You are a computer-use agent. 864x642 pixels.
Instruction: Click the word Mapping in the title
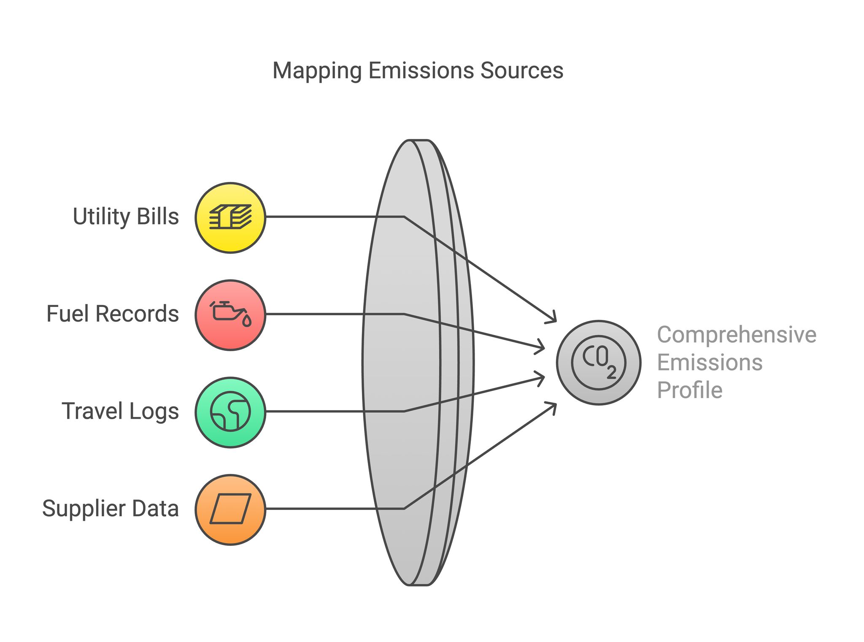[317, 71]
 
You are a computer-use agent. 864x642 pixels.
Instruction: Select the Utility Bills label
[126, 217]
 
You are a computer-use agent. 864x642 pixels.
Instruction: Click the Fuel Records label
[113, 314]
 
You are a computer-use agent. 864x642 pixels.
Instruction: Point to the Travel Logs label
[120, 411]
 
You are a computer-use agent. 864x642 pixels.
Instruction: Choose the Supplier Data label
[111, 508]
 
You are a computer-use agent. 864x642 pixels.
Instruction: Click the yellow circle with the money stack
[230, 218]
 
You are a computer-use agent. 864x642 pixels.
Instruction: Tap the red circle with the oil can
[230, 315]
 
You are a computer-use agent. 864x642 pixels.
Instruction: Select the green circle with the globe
[230, 412]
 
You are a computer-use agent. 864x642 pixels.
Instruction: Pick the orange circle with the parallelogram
[230, 509]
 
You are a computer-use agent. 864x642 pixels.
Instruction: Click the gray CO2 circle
[599, 363]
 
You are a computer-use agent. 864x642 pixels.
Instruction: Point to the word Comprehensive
[737, 335]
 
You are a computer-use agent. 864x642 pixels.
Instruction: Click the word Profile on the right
[690, 390]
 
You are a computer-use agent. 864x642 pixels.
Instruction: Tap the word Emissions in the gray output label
[710, 363]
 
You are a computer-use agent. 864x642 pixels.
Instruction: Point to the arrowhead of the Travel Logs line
[540, 378]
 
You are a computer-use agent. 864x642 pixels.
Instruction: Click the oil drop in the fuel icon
[247, 321]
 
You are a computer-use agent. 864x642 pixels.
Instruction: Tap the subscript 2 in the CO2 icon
[612, 373]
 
